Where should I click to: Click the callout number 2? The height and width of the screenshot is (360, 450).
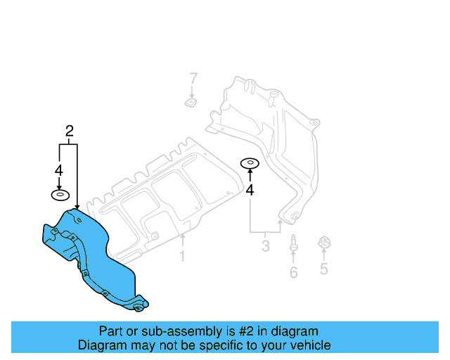69,130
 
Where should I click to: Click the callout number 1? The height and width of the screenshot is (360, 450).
182,257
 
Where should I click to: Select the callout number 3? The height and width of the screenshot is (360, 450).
266,246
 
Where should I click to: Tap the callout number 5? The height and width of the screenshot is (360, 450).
323,268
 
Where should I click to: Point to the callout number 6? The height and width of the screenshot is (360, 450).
293,272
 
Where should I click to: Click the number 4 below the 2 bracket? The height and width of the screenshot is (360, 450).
59,170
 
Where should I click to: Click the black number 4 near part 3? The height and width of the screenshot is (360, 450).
250,189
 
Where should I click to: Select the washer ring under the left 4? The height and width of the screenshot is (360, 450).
60,195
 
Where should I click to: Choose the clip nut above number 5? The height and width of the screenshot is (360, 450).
324,243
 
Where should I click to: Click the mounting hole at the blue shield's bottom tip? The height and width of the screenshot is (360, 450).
138,307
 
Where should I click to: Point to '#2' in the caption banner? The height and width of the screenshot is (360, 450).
238,331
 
